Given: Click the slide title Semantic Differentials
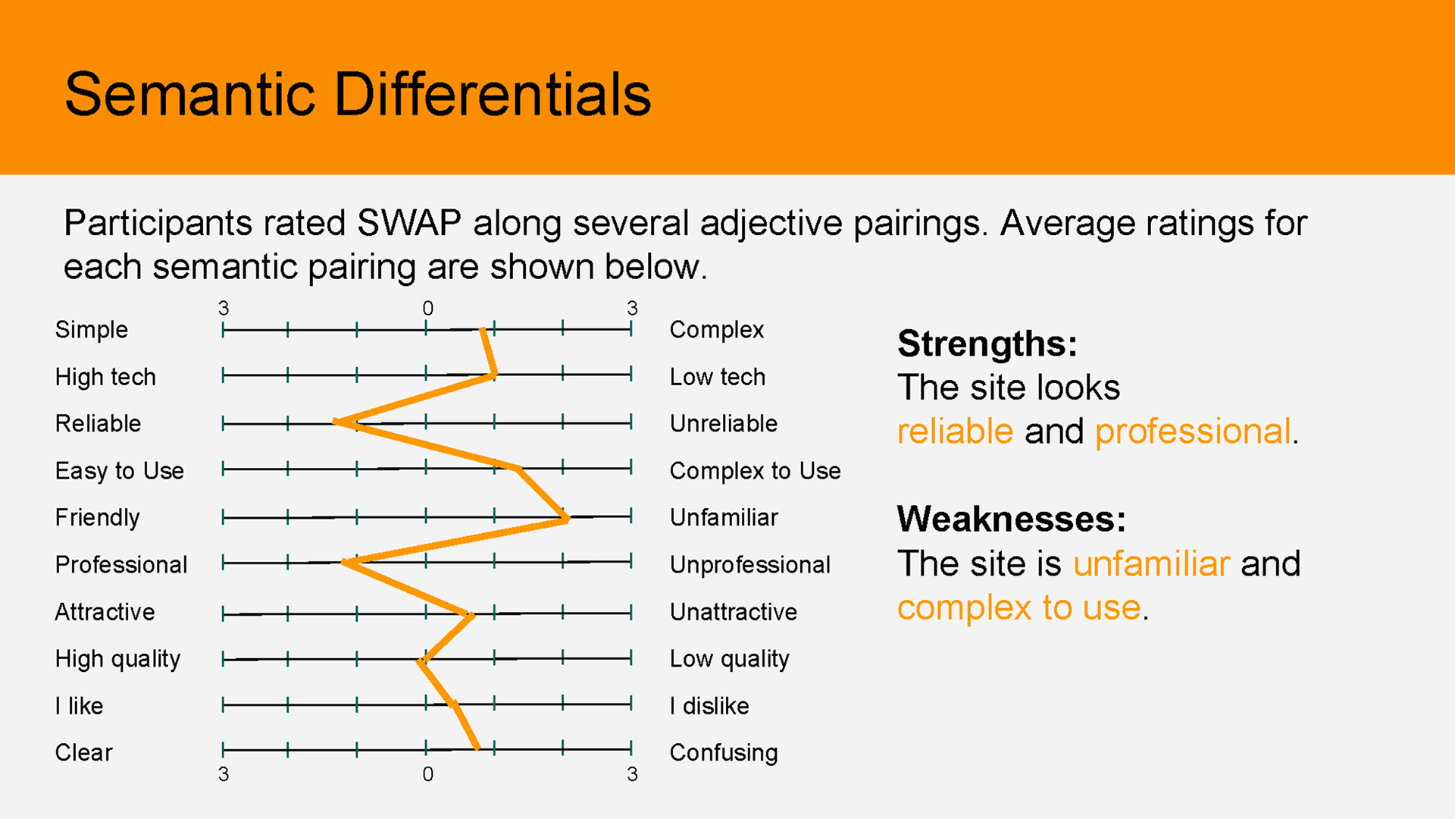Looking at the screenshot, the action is [358, 94].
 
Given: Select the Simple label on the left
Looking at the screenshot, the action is [92, 330].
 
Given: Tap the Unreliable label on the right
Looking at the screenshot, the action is [724, 423].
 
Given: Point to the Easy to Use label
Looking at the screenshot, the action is [120, 471].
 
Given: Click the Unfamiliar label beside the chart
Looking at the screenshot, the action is [724, 517].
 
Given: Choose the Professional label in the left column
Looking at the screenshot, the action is [121, 564].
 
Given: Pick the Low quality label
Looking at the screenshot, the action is [730, 659].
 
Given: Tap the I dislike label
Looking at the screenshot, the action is [709, 706].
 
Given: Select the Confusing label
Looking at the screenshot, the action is [724, 753].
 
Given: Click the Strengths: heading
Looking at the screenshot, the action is [987, 344].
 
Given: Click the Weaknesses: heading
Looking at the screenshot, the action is [1012, 519].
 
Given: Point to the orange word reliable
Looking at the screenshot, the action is [955, 431].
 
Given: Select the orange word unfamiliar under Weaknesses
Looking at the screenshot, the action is [1151, 563].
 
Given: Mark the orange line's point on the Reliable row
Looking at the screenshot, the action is [336, 422].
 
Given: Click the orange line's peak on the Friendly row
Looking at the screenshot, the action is [567, 519].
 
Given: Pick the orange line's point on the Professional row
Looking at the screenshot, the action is [345, 563].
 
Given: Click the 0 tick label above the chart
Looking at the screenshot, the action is [428, 308].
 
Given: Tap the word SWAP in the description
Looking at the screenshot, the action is [409, 223].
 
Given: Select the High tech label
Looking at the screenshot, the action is [105, 377].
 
